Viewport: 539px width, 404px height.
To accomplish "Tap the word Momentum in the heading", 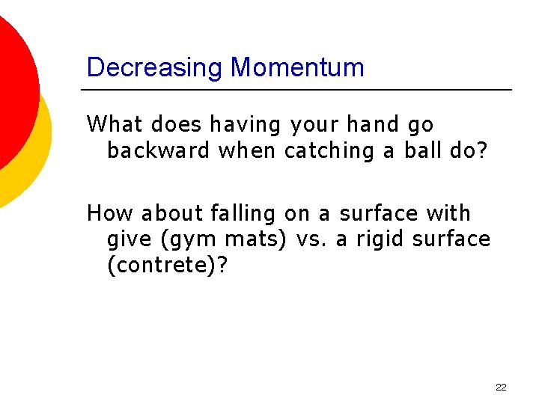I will click(x=297, y=68).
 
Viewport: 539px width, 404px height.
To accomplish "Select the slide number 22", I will click(x=501, y=387).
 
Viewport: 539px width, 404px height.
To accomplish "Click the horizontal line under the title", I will click(x=296, y=90).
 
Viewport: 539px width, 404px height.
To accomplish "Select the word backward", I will click(x=158, y=150).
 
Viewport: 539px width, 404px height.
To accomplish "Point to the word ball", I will click(x=421, y=150).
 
